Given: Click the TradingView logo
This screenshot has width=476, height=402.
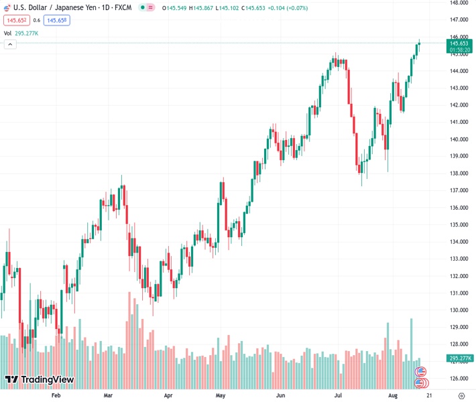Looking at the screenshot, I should pos(39,380).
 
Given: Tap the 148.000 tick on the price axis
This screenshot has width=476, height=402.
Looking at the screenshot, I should pos(459,3).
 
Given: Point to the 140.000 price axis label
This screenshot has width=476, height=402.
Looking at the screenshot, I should pos(459,139).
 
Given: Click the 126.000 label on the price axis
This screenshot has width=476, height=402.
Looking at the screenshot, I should pos(459,379).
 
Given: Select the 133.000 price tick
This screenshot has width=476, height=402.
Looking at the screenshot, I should pos(459,259).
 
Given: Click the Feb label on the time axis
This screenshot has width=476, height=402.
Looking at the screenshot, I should pos(56,396).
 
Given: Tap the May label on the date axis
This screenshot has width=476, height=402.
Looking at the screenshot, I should pos(221,396).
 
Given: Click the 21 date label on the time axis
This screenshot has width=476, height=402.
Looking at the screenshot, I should pos(428,396).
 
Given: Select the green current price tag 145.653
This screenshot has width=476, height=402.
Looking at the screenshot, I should pos(459,44).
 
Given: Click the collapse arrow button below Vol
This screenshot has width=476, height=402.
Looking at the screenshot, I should pos(10,44).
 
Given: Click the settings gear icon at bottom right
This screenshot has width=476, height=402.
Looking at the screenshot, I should pos(461,396).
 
